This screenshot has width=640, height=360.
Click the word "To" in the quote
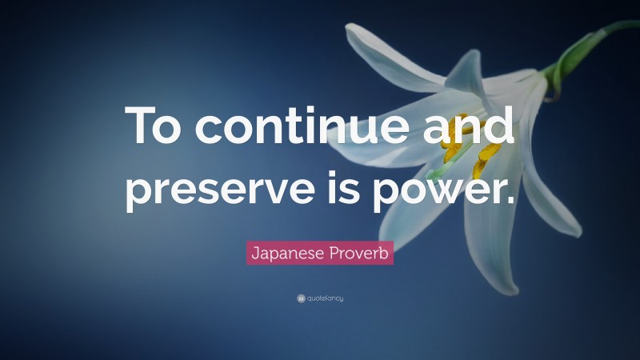tap(158, 127)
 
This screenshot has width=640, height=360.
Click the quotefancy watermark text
tap(325, 298)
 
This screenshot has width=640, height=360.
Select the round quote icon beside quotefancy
tap(301, 298)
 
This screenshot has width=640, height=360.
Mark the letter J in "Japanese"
tap(255, 254)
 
